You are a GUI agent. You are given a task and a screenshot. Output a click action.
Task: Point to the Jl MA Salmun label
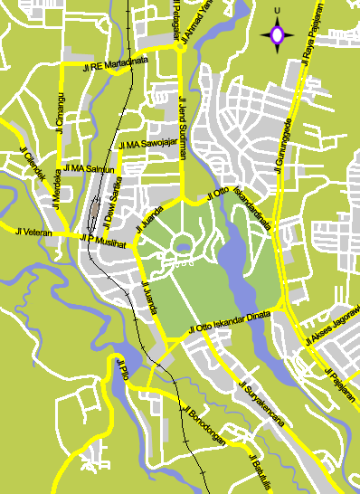[90, 169]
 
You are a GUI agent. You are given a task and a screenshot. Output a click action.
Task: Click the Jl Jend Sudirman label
[182, 127]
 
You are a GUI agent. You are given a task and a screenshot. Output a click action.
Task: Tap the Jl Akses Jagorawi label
[332, 326]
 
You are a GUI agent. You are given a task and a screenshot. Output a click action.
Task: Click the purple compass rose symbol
[277, 35]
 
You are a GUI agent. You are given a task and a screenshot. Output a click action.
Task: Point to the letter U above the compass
[277, 11]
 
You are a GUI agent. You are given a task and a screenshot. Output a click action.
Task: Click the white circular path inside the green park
[183, 243]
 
